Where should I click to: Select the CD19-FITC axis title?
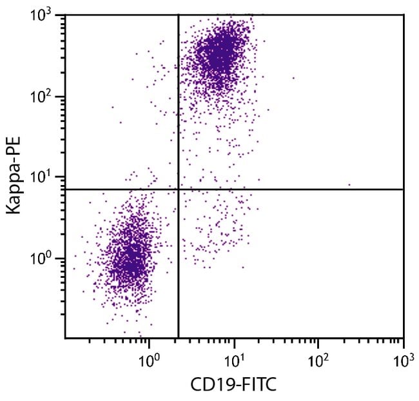tap(233, 385)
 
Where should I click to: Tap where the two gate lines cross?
tap(178, 190)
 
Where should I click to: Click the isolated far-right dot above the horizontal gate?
tap(349, 185)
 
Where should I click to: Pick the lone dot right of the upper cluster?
tap(293, 78)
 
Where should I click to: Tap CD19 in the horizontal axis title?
tap(211, 385)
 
